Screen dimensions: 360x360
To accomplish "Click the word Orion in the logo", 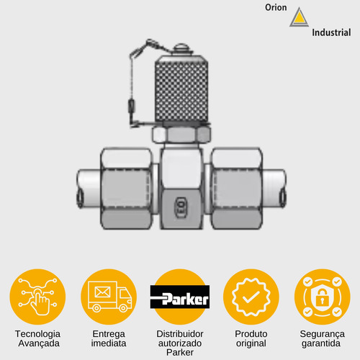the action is click(276, 7).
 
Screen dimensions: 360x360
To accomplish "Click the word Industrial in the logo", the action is click(331, 32).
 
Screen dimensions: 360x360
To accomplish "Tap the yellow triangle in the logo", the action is click(299, 18).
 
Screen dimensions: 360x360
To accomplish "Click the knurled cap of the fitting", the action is click(181, 89).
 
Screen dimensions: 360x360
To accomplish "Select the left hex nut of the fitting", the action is click(127, 189).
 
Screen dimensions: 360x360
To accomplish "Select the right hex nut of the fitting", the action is click(237, 189).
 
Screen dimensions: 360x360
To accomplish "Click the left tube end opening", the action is click(80, 199).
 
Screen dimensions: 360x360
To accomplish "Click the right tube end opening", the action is click(283, 198).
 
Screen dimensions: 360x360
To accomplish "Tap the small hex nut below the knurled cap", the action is click(181, 135).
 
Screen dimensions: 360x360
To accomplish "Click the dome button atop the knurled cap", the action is click(182, 49).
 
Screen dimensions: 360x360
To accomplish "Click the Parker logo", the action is click(180, 297).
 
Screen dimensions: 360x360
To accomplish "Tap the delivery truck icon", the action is click(109, 297).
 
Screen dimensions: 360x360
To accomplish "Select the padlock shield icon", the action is click(322, 297).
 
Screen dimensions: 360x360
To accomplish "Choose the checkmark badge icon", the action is click(251, 297).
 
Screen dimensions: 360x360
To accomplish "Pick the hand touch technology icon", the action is click(38, 297).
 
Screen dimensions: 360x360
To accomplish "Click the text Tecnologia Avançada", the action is click(38, 338).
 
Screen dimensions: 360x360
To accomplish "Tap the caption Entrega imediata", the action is click(109, 338).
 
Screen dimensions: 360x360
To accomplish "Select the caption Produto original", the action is click(251, 338).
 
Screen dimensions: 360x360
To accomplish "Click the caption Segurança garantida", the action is click(322, 338).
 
